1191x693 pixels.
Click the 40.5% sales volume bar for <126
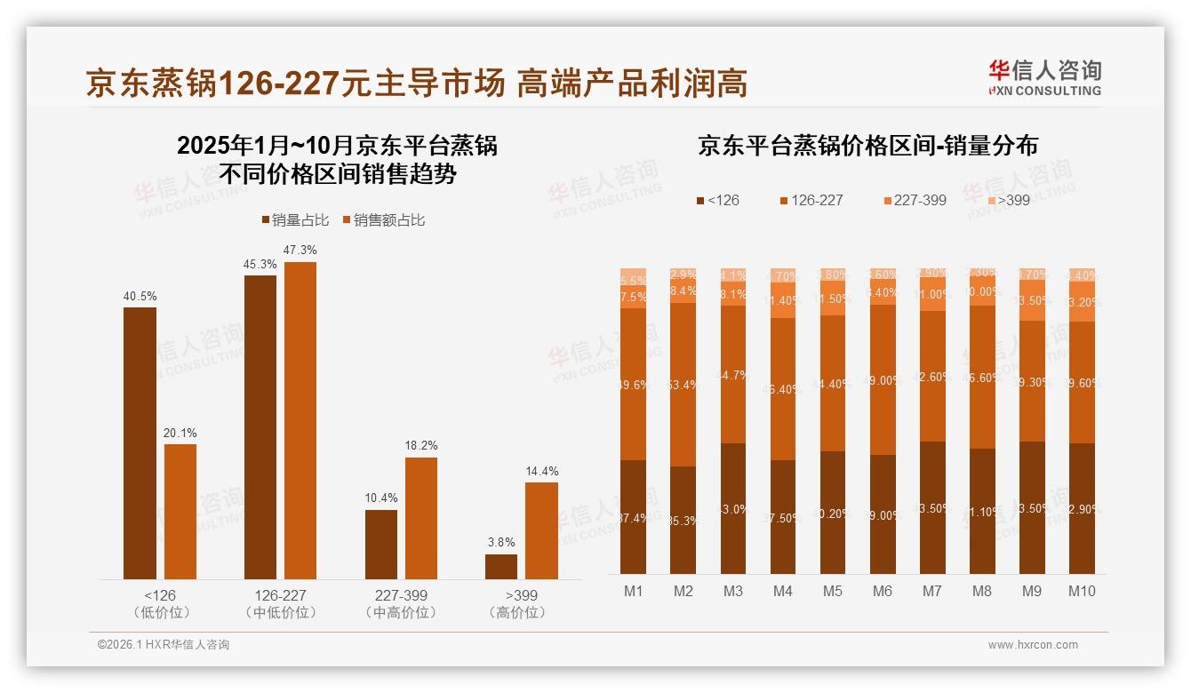(140, 443)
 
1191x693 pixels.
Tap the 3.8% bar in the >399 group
(501, 567)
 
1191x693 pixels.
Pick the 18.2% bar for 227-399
(420, 518)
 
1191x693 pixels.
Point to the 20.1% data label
(180, 434)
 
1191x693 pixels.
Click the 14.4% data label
(541, 472)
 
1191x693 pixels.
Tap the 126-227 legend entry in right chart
(810, 200)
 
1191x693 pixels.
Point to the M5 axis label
(832, 592)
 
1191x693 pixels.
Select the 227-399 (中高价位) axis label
(401, 604)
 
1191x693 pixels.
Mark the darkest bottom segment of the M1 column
(634, 517)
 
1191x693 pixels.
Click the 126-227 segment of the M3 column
(733, 374)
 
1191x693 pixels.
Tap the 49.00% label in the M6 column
(883, 380)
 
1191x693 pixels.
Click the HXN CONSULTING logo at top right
(1044, 78)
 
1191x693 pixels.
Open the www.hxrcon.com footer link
(1033, 645)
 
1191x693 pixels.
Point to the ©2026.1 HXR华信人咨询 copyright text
(164, 645)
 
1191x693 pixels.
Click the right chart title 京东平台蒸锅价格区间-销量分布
(867, 147)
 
